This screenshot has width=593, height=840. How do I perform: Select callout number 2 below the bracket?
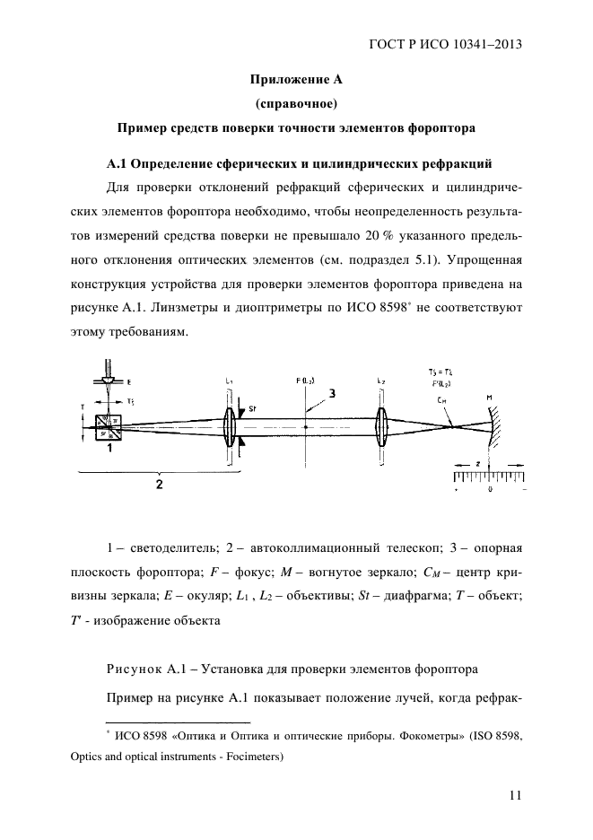point(159,485)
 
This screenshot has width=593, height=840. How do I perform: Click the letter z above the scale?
point(478,461)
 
